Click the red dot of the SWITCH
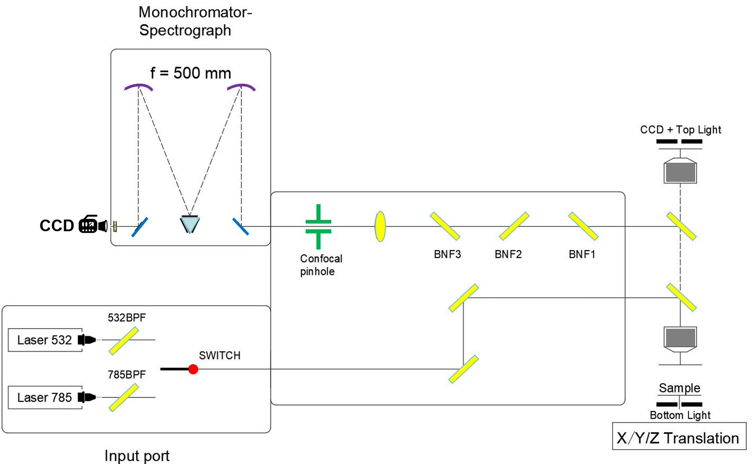193,369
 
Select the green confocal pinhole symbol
318,227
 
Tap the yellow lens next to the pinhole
380,227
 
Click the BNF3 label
447,254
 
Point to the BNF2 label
508,254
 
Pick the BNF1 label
582,254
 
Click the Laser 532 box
45,340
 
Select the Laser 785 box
45,397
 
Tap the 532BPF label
127,318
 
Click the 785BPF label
127,374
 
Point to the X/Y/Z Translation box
679,438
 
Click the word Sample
679,388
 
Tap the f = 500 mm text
190,73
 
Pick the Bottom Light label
680,415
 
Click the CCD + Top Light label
680,130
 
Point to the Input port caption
137,455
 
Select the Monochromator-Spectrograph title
195,21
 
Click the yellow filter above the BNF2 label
514,226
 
